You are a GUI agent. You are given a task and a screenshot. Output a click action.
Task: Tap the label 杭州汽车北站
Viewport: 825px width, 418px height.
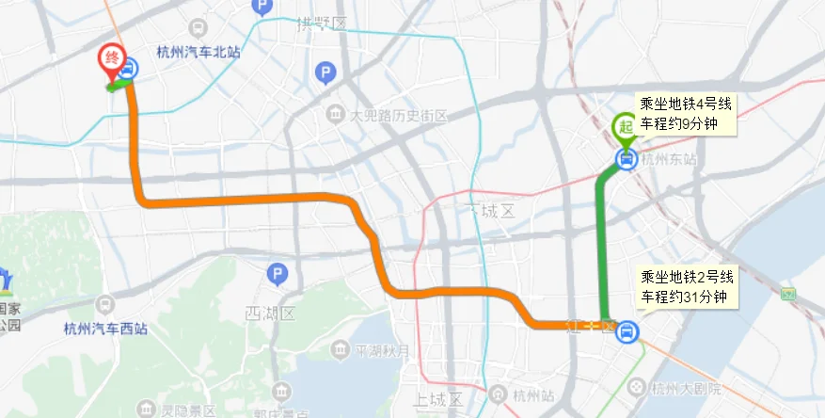point(198,53)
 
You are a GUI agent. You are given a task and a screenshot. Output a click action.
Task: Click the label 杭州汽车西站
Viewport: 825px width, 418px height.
point(104,329)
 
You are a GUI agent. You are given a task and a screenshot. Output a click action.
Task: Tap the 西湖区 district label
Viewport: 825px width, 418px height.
point(270,312)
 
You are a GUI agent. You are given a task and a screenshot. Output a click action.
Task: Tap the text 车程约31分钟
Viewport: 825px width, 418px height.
point(685,297)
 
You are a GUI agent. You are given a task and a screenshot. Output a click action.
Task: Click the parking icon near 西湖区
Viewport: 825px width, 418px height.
point(277,275)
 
